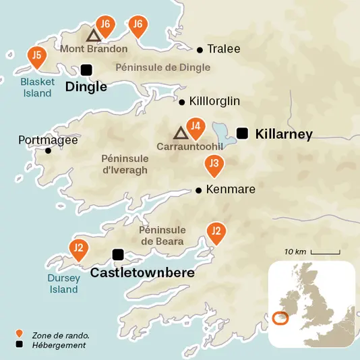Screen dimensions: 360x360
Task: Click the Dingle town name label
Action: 86,87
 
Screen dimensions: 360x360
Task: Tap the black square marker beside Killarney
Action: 243,133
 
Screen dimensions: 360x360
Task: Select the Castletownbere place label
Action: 142,273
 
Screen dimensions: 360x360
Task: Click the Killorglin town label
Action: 214,102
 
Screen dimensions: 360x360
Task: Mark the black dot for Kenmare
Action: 198,190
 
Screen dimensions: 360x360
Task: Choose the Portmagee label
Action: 49,140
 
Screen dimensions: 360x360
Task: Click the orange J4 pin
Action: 195,126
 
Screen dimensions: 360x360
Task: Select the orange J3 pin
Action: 214,164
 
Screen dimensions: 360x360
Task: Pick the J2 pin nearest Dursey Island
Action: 79,249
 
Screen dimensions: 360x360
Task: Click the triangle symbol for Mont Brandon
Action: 93,35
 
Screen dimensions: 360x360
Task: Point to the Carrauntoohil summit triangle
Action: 179,132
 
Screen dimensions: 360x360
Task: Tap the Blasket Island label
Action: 37,88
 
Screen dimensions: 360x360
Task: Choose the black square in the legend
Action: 20,345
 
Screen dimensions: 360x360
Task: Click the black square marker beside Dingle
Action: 86,69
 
